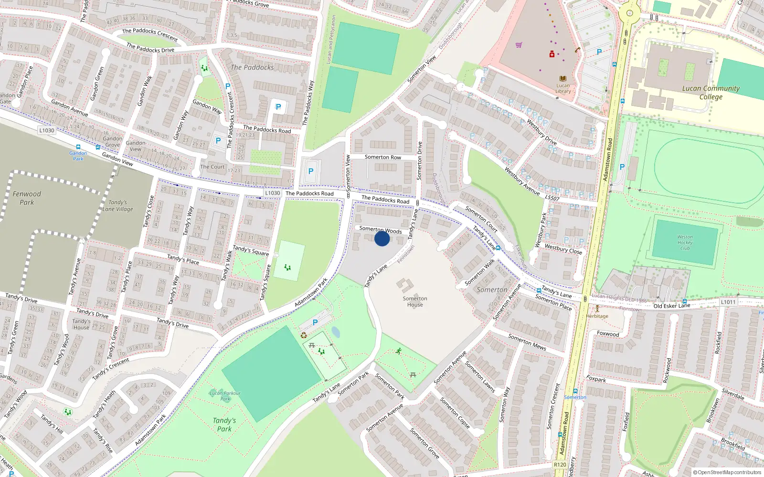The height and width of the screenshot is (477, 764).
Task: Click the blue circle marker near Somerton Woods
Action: (x=382, y=238)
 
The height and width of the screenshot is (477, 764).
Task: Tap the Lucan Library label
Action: (x=563, y=88)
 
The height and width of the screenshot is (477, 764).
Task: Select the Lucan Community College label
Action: (x=711, y=93)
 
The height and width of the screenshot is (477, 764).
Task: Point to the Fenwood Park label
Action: (x=27, y=198)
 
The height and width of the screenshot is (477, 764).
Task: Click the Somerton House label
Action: (x=415, y=301)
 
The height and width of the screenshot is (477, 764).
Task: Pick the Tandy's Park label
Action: (x=224, y=425)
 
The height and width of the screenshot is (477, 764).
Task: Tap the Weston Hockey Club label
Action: (x=685, y=242)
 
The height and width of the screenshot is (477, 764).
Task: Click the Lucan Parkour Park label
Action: (x=225, y=396)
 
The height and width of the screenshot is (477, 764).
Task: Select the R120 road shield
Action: (x=560, y=465)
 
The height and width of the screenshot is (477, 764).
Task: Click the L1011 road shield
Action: (x=728, y=302)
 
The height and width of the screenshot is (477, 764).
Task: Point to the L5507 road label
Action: (x=552, y=197)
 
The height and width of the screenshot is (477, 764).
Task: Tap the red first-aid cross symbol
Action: (x=552, y=54)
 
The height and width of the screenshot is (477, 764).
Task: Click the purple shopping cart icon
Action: (x=519, y=45)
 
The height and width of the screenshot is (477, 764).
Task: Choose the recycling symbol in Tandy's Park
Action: (x=304, y=335)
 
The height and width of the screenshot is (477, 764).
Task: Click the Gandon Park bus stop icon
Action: (x=78, y=147)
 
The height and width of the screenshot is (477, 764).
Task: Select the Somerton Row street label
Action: (x=383, y=157)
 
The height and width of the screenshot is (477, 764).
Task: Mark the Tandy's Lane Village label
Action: (x=118, y=206)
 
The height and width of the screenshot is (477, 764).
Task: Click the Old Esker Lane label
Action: (x=671, y=306)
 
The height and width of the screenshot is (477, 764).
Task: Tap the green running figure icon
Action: (x=399, y=351)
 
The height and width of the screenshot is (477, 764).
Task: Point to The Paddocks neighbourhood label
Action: (x=252, y=67)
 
